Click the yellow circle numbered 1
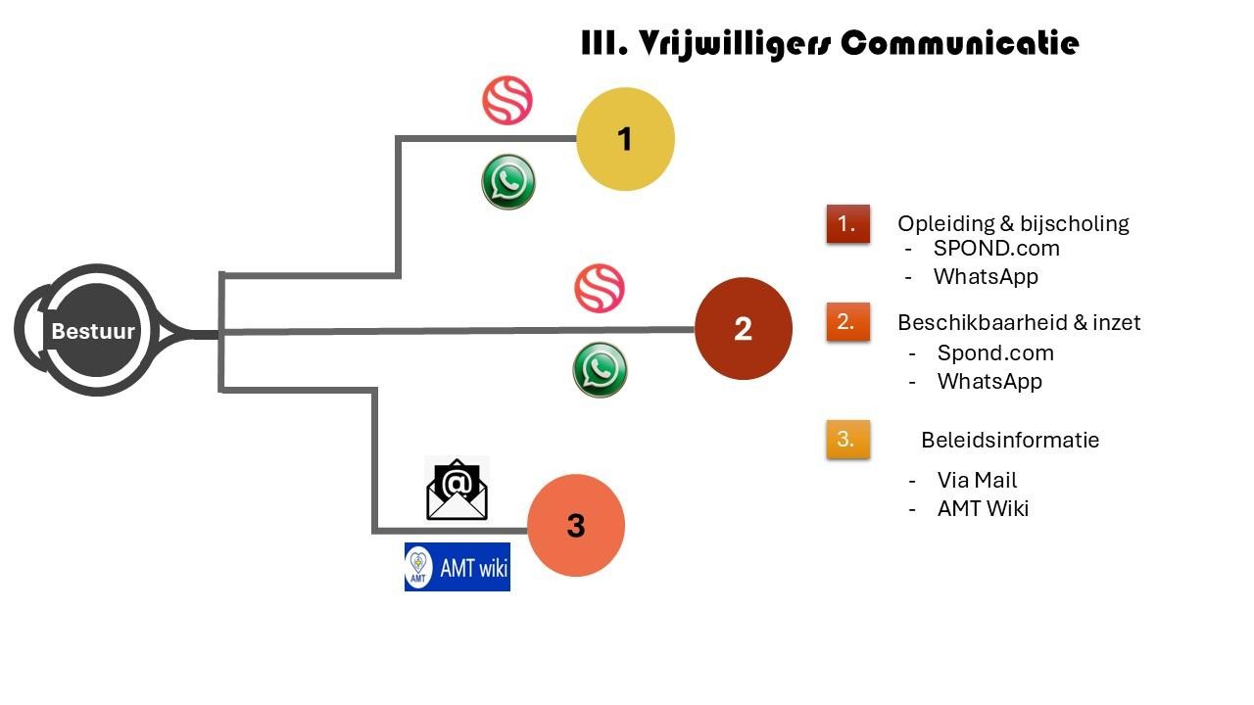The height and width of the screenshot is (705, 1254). click(x=625, y=139)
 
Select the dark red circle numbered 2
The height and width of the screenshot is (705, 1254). click(x=743, y=329)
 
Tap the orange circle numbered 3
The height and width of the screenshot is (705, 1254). click(x=576, y=526)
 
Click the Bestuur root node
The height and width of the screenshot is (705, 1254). click(x=93, y=331)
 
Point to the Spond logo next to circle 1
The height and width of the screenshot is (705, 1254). click(x=507, y=101)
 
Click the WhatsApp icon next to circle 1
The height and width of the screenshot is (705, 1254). click(x=508, y=182)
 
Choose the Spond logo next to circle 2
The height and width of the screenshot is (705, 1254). click(x=599, y=289)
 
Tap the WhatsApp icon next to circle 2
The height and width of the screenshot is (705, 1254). click(x=600, y=370)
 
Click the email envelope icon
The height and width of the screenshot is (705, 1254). click(x=458, y=489)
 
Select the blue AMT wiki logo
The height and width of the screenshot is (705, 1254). click(x=458, y=567)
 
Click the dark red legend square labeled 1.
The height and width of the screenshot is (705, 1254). click(x=847, y=224)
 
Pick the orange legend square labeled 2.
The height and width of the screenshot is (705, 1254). click(x=847, y=322)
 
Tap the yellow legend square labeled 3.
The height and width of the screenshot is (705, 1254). click(x=847, y=440)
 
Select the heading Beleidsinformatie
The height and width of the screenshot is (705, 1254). click(x=1010, y=440)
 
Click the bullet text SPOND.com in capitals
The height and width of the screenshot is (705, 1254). click(x=996, y=249)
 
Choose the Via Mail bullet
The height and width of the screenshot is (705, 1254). click(x=977, y=481)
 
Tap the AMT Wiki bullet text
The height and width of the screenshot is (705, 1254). click(x=983, y=509)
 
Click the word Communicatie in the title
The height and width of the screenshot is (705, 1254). click(x=960, y=44)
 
